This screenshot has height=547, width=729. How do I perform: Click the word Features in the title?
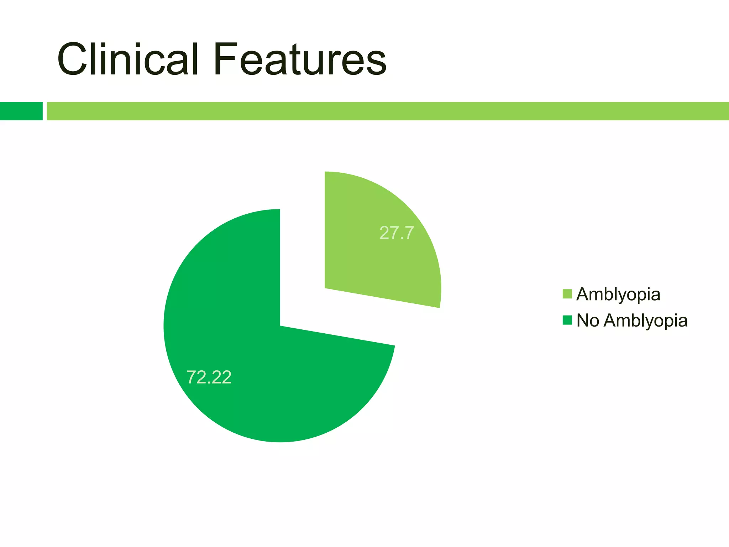(x=300, y=59)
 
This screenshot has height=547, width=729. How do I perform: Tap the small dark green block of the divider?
(x=21, y=111)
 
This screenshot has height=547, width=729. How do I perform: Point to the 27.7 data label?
(x=397, y=233)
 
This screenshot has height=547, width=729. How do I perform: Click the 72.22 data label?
(x=209, y=377)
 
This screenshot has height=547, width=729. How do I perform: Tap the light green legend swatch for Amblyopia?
(x=567, y=294)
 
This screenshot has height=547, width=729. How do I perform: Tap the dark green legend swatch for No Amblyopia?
(x=567, y=320)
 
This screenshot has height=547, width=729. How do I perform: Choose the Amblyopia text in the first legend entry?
(x=618, y=295)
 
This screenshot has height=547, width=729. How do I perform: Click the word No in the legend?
(x=588, y=320)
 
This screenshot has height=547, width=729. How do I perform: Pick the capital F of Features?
(x=225, y=59)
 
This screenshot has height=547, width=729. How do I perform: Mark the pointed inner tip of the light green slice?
(x=326, y=287)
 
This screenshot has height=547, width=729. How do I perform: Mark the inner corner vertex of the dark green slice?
(x=281, y=325)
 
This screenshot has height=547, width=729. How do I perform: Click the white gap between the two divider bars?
(x=45, y=111)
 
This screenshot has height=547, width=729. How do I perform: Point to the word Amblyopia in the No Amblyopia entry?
(x=646, y=321)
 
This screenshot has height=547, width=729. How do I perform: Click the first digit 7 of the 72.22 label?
(x=192, y=377)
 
